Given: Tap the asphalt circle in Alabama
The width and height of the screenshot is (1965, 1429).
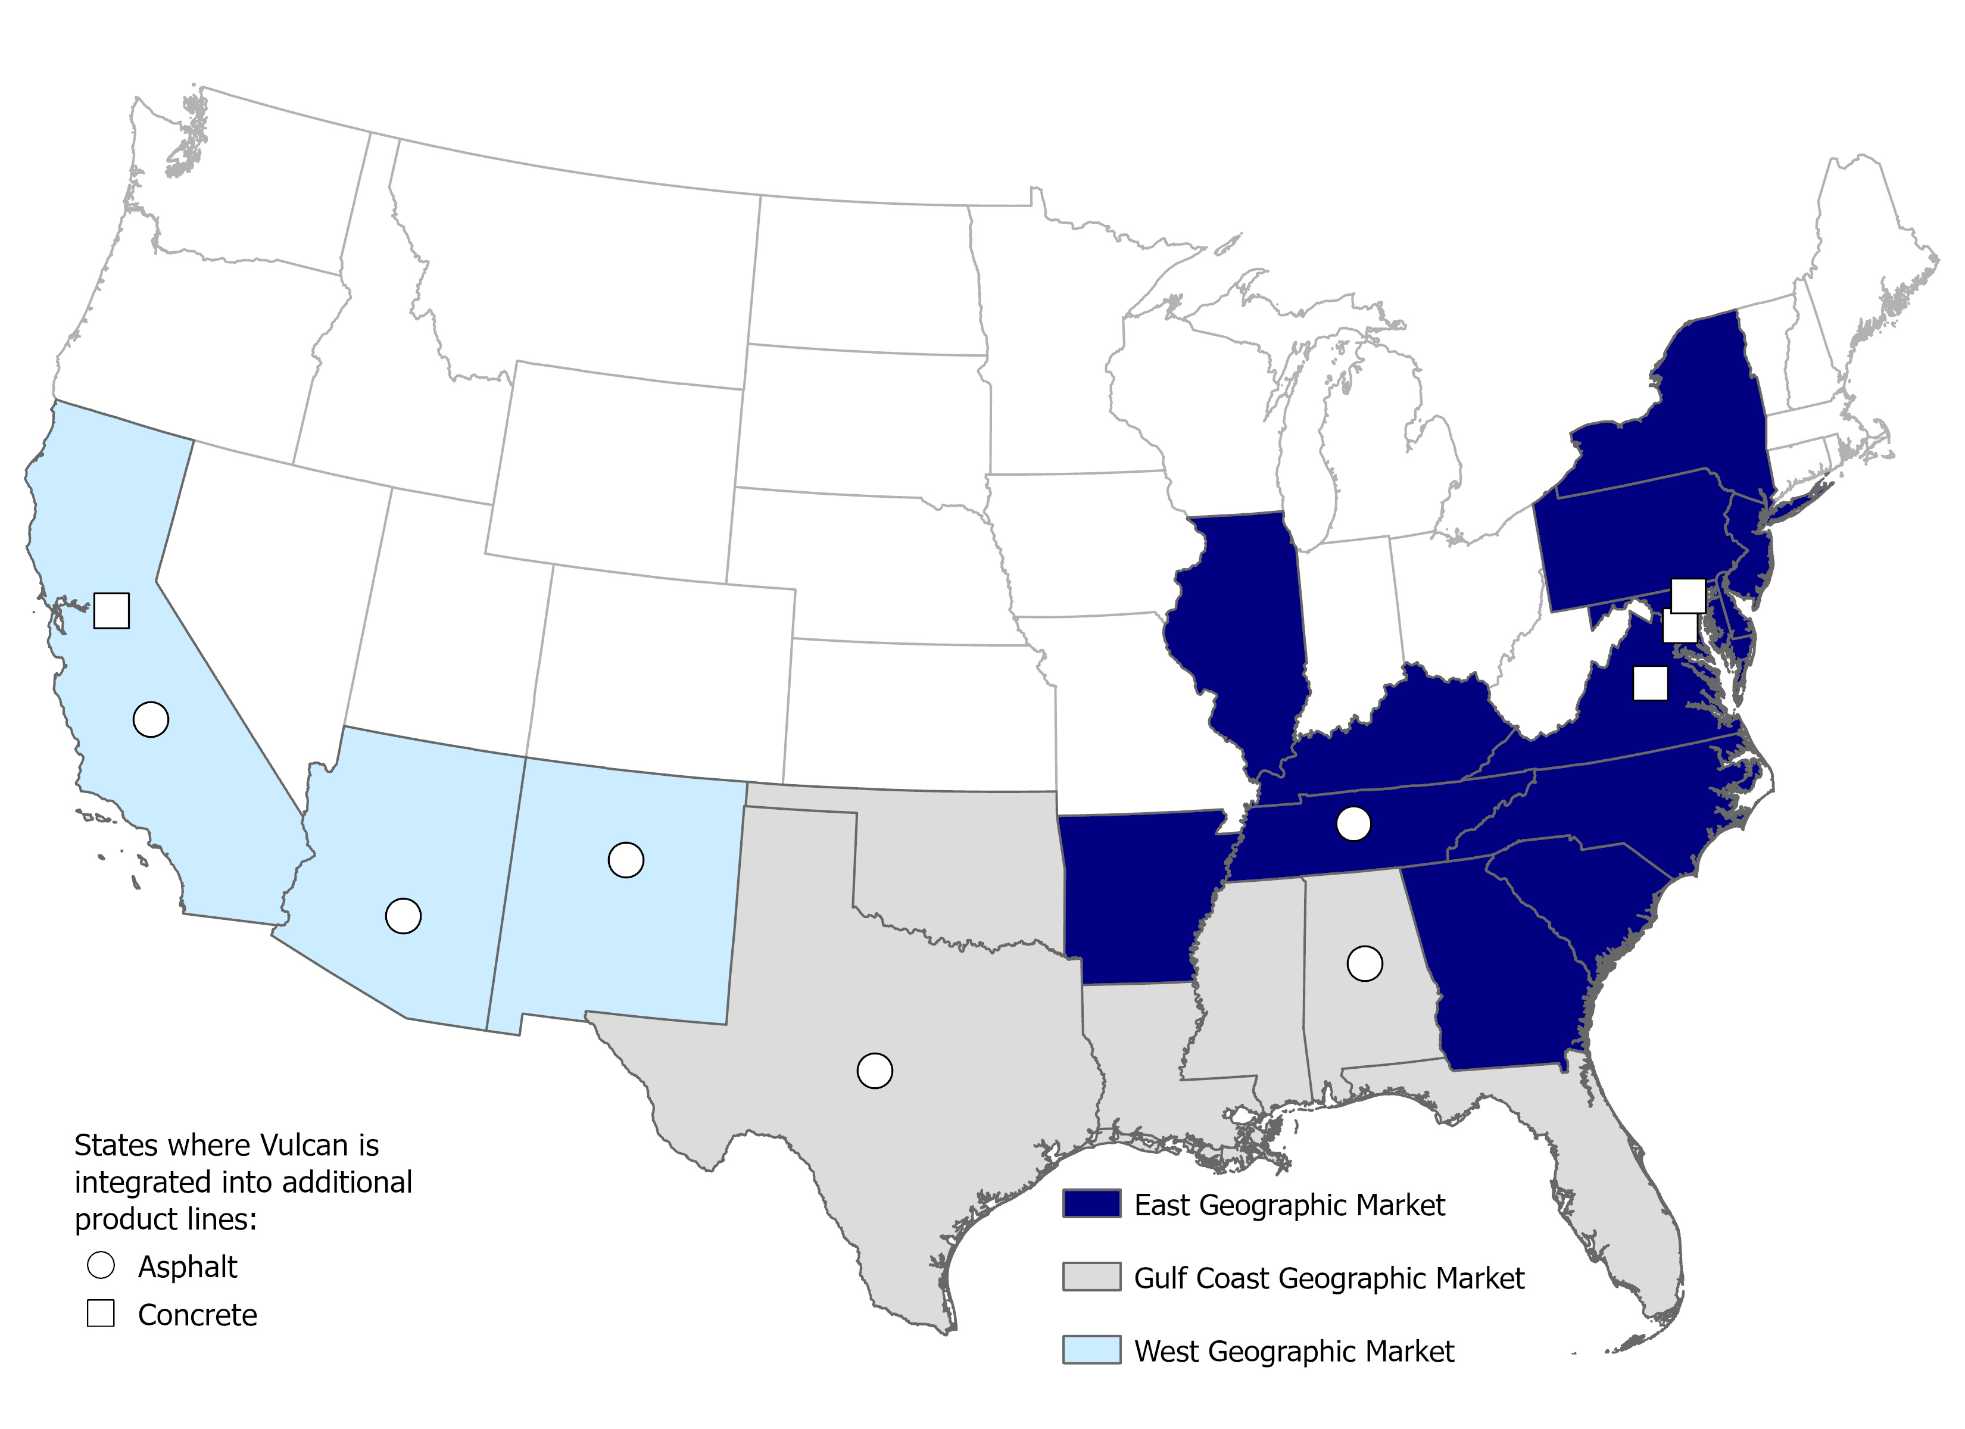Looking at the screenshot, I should (1365, 963).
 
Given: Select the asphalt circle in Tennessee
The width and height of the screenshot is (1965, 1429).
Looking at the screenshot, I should (1353, 823).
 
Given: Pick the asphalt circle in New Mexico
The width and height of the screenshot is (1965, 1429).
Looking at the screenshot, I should (626, 860).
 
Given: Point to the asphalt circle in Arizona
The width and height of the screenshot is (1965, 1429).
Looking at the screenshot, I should (403, 916).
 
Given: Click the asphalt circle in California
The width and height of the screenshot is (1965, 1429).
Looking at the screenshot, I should (151, 719).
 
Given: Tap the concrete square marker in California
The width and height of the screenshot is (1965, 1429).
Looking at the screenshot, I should (112, 610).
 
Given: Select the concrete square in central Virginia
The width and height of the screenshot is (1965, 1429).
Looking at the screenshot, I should (1649, 683).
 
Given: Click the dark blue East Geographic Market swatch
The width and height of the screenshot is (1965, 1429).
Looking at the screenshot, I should (1091, 1205).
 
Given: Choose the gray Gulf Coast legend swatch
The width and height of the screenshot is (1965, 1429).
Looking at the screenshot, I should (1091, 1277).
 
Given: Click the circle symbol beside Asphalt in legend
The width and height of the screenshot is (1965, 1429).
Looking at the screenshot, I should (101, 1265).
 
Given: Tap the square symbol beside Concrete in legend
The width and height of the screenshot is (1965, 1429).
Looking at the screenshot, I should (101, 1313).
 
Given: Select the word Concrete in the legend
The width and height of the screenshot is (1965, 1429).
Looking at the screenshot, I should (198, 1315).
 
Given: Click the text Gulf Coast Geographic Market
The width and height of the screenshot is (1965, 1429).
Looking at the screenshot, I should (1328, 1278).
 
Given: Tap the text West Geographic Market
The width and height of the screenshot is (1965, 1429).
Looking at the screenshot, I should (1293, 1351).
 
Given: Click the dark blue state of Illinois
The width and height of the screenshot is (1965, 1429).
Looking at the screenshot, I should (1239, 624).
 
